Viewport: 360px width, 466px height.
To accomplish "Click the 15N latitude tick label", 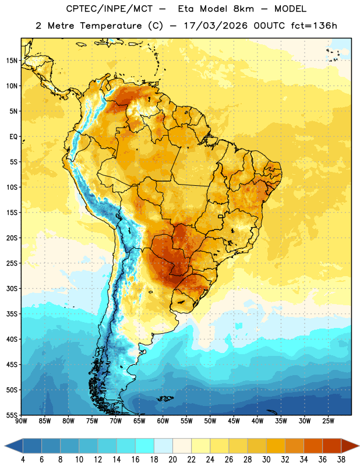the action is coord(12,61).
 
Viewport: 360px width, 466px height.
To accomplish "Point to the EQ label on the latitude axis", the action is coord(13,137).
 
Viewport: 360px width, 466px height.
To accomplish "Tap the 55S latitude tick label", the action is coord(12,415).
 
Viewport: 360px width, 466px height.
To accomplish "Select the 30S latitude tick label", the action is coord(12,288).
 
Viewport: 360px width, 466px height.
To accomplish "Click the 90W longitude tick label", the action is coord(21,421).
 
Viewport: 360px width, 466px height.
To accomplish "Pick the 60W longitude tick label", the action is coord(163,421).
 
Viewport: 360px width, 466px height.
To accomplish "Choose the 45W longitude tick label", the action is coord(234,421).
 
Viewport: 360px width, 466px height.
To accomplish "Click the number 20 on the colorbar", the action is coord(172,460).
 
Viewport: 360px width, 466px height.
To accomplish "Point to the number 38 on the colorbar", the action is coord(341,460).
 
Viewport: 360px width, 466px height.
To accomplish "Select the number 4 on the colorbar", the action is coord(23,460).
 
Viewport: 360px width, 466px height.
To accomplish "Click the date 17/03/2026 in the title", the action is coord(216,26).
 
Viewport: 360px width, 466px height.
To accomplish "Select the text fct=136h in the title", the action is coord(314,26).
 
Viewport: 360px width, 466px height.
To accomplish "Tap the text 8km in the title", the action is coord(243,9).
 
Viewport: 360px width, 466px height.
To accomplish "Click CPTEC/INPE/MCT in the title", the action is coord(109,9).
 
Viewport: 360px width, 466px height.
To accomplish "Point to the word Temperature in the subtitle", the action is coord(111,26).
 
